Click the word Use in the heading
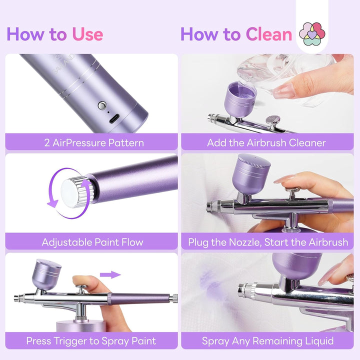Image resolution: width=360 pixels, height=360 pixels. click(x=87, y=34)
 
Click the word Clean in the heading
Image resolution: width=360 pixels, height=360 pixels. click(x=268, y=34)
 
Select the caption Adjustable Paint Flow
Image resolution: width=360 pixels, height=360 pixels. click(x=92, y=242)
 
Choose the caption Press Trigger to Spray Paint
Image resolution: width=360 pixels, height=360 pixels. click(x=91, y=341)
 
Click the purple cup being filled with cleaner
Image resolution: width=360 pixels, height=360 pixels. click(x=240, y=99)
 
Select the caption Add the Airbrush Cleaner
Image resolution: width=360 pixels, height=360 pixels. click(x=266, y=142)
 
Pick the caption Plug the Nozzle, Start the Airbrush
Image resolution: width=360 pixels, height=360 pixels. click(x=267, y=242)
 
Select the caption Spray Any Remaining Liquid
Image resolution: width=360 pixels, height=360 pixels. click(x=267, y=341)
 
